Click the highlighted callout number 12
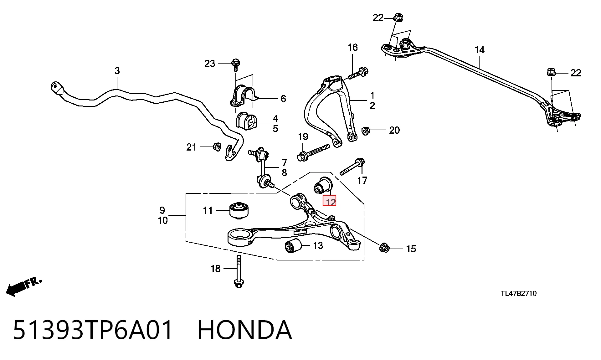pos(330,201)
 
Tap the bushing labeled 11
pos(239,211)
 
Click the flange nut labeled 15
pos(384,248)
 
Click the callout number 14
pos(480,50)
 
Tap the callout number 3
pos(117,71)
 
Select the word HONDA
pos(245,330)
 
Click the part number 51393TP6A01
pos(93,330)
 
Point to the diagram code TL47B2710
pos(519,293)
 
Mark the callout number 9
pos(162,210)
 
